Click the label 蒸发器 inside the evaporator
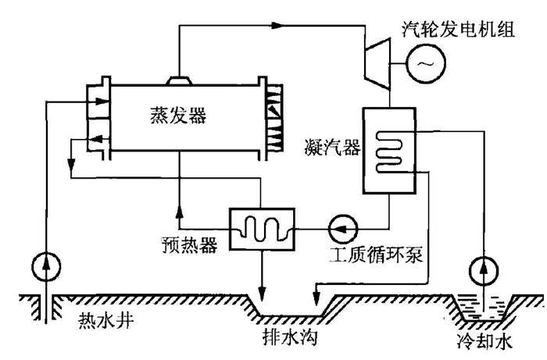point(178,115)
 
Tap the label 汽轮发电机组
point(459,29)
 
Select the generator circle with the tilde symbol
point(426,63)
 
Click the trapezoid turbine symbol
point(377,64)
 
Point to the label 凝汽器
point(332,148)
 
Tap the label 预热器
point(189,245)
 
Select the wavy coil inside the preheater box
point(262,229)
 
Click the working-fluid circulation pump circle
point(343,229)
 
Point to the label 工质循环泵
point(376,255)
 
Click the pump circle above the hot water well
point(46,266)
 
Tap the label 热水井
point(105,319)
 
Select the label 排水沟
point(290,337)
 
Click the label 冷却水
point(485,340)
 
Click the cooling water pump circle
point(484,270)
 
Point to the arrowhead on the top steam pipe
point(277,25)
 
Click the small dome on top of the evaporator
point(179,80)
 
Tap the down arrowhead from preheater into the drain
point(262,292)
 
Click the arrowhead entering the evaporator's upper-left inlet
point(102,102)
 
